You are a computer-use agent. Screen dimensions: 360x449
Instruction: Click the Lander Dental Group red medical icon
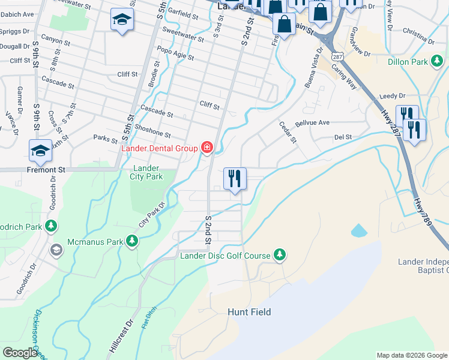pos(207,147)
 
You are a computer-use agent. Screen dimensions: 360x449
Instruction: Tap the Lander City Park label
pos(146,172)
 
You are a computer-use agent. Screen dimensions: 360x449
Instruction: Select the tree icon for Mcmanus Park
pos(132,241)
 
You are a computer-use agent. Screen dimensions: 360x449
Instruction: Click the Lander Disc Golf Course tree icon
pos(279,255)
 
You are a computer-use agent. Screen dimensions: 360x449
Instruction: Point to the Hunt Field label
pos(249,312)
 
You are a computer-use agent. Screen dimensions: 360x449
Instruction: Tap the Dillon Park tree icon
pos(439,62)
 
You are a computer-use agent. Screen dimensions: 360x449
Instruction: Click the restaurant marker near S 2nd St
pos(234,179)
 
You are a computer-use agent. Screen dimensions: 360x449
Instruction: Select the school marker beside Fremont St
pos(40,151)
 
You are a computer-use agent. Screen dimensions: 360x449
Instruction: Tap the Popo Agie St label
pos(175,53)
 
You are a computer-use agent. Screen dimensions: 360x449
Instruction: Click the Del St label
pos(343,137)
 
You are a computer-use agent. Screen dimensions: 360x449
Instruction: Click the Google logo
pos(20,353)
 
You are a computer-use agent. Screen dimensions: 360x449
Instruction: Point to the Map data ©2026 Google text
pos(411,355)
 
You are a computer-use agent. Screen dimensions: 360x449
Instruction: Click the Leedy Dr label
pos(393,96)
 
